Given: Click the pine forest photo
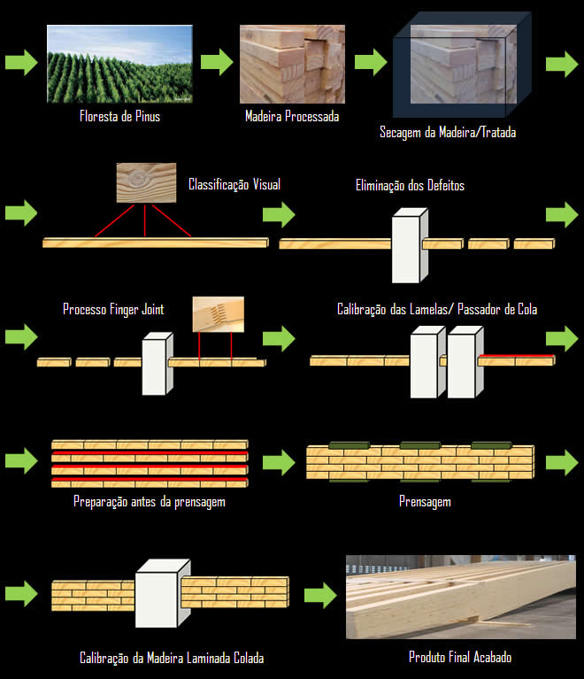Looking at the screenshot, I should pyautogui.click(x=119, y=65).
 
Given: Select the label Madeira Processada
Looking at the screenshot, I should pyautogui.click(x=291, y=117).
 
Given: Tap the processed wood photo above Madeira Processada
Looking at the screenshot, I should pyautogui.click(x=291, y=65).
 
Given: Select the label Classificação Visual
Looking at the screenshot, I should pyautogui.click(x=234, y=185).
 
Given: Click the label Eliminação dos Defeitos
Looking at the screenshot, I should pyautogui.click(x=410, y=186).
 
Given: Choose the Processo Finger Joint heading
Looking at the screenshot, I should pyautogui.click(x=113, y=309).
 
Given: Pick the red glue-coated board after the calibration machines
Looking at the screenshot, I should pyautogui.click(x=516, y=359).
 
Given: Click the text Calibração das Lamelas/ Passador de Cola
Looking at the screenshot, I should pyautogui.click(x=437, y=310).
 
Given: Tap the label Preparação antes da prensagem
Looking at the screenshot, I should pyautogui.click(x=150, y=502).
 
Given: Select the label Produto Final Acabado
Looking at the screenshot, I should pyautogui.click(x=460, y=658).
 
